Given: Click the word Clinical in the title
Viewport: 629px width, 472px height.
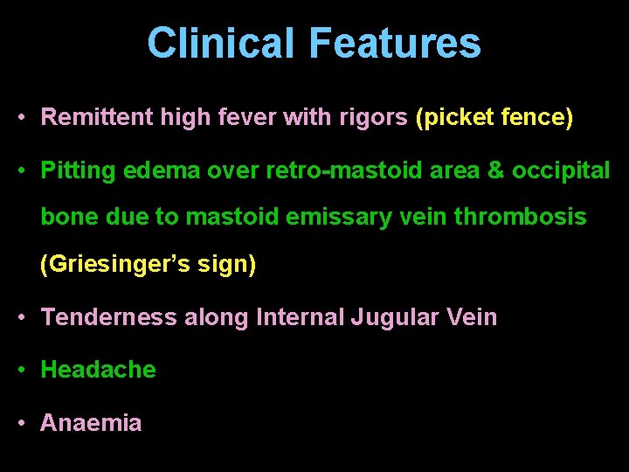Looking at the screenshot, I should click(222, 43).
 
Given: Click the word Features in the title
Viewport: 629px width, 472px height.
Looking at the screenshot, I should click(394, 43).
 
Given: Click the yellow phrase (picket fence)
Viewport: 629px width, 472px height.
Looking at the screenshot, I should click(494, 117).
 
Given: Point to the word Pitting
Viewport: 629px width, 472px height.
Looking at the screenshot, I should click(79, 171).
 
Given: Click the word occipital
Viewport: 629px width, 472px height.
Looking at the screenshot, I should click(561, 171).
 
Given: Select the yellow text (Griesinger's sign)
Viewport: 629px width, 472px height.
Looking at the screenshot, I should click(149, 264).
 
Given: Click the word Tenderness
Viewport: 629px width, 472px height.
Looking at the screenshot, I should click(109, 316).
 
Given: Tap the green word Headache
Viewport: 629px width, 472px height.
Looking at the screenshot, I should click(99, 370).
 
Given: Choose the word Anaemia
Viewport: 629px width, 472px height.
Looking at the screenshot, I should click(91, 423).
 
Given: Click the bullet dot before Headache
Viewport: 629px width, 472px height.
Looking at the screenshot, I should click(21, 371).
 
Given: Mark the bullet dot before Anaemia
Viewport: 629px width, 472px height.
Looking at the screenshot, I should click(21, 424).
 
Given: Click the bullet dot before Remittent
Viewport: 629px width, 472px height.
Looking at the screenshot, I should click(21, 118).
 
